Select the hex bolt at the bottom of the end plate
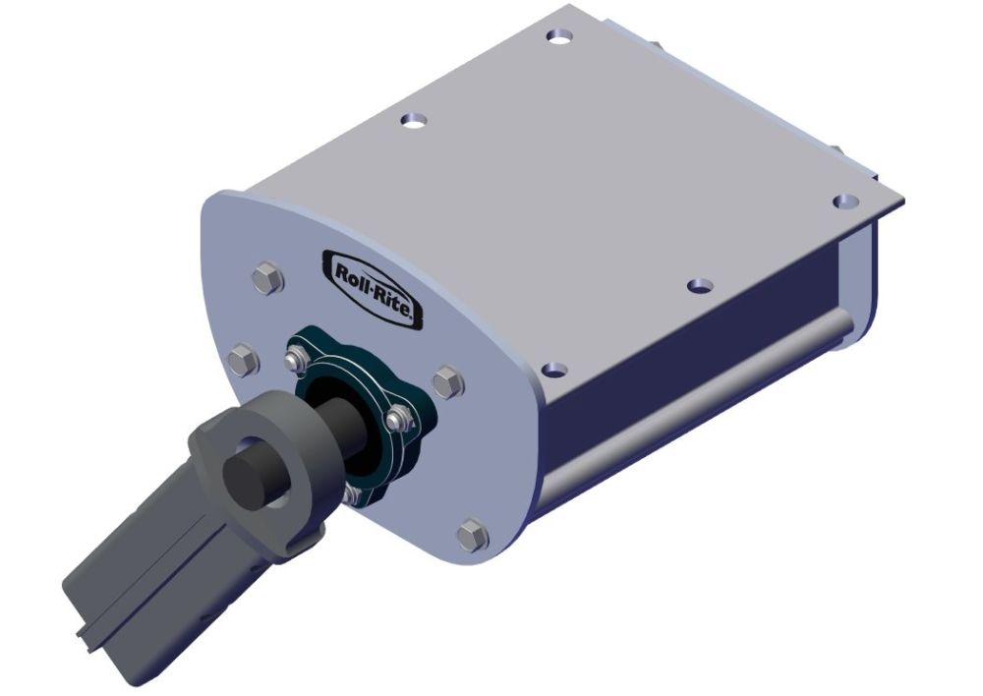[x=472, y=536]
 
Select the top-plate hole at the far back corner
[x=559, y=36]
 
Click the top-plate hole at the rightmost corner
[x=842, y=202]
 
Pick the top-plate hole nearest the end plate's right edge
[x=553, y=369]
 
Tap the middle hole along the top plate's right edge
[x=699, y=285]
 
